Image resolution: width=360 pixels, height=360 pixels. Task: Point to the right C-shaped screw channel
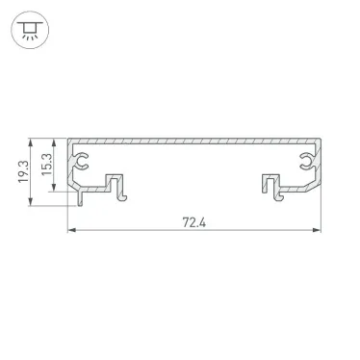305,157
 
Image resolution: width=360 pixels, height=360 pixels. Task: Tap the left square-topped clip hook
116,182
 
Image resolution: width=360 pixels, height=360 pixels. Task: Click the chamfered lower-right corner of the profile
312,185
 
